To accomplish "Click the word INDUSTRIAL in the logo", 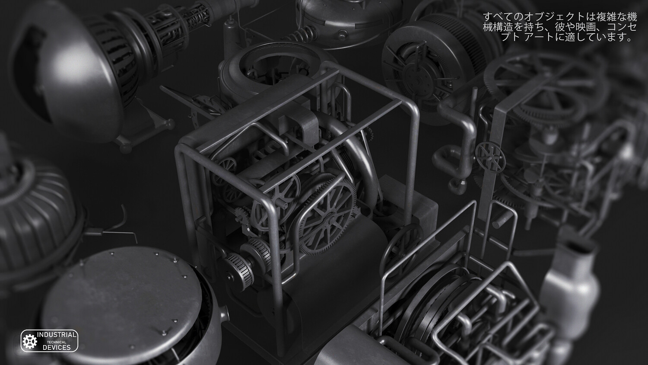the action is pos(57,335).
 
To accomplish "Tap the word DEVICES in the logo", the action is pos(57,348).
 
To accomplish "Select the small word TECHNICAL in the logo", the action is pos(57,342).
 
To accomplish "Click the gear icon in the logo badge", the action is pos(30,341).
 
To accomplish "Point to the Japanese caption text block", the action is pos(560,27).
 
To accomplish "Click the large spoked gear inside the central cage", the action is pos(327,217).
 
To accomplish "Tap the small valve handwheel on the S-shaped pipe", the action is pos(490,157).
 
